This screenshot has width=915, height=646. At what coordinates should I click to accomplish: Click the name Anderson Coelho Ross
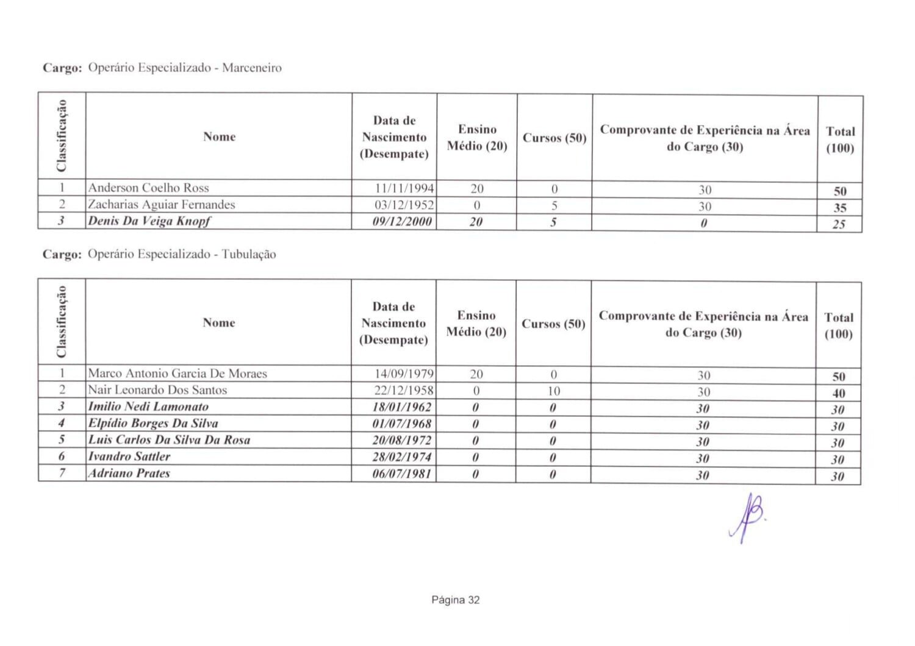[x=148, y=188]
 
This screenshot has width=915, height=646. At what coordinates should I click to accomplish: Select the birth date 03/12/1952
[x=404, y=205]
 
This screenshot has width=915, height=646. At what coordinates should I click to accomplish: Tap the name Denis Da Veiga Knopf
[x=149, y=221]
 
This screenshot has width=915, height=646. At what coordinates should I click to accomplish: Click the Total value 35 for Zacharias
[x=839, y=208]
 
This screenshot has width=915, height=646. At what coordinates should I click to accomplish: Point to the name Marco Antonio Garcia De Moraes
[x=177, y=374]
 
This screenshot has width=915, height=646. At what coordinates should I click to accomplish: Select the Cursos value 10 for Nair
[x=553, y=391]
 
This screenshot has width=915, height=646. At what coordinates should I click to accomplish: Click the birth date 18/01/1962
[x=402, y=407]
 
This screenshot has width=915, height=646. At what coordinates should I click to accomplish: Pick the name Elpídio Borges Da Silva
[x=152, y=424]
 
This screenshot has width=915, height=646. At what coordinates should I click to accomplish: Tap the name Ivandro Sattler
[x=129, y=456]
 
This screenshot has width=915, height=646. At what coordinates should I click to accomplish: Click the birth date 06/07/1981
[x=402, y=474]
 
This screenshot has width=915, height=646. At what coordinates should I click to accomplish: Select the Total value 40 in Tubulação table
[x=838, y=394]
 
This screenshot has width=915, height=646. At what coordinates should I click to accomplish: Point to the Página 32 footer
[x=455, y=600]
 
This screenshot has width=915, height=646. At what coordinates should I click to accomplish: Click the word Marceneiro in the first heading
[x=251, y=68]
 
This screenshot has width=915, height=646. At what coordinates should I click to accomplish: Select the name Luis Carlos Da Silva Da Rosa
[x=169, y=440]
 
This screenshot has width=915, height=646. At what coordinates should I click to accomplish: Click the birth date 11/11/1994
[x=404, y=188]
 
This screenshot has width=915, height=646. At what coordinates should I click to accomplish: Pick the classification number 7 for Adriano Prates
[x=62, y=473]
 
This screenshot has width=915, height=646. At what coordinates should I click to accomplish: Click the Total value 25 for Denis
[x=839, y=224]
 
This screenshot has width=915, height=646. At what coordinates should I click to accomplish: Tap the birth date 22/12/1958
[x=403, y=391]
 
